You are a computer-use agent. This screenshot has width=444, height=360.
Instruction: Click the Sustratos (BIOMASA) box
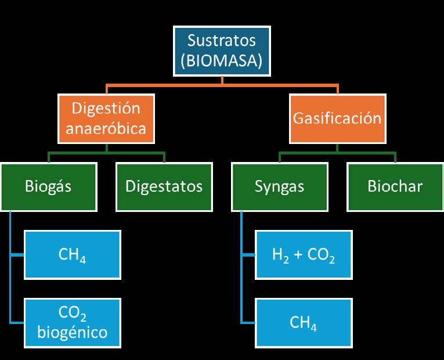coord(222,51)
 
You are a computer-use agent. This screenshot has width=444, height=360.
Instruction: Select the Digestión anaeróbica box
coord(106,118)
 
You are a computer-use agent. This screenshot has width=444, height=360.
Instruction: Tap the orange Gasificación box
coord(337,118)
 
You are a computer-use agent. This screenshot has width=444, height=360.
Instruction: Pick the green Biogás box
coord(49,186)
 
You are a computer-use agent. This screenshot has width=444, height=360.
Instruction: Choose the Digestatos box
coord(164,186)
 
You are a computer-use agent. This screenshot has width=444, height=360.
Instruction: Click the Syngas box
coord(279,186)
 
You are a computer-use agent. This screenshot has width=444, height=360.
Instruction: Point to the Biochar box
coord(395,186)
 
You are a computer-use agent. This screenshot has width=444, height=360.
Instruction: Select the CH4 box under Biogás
coord(72,255)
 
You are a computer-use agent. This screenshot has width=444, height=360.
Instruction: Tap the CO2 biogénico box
coord(72,323)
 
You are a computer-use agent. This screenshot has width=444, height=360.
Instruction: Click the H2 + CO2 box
coord(304,255)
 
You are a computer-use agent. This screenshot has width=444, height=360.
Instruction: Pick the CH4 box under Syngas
coord(304,323)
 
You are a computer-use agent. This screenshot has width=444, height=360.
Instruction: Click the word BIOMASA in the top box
coord(222,61)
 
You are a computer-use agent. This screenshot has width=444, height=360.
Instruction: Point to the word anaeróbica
coord(106,128)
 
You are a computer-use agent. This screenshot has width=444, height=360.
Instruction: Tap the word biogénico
coord(72,333)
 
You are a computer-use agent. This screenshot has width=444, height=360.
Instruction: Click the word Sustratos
coord(222,41)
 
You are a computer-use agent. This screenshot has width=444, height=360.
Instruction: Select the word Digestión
coord(106,109)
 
